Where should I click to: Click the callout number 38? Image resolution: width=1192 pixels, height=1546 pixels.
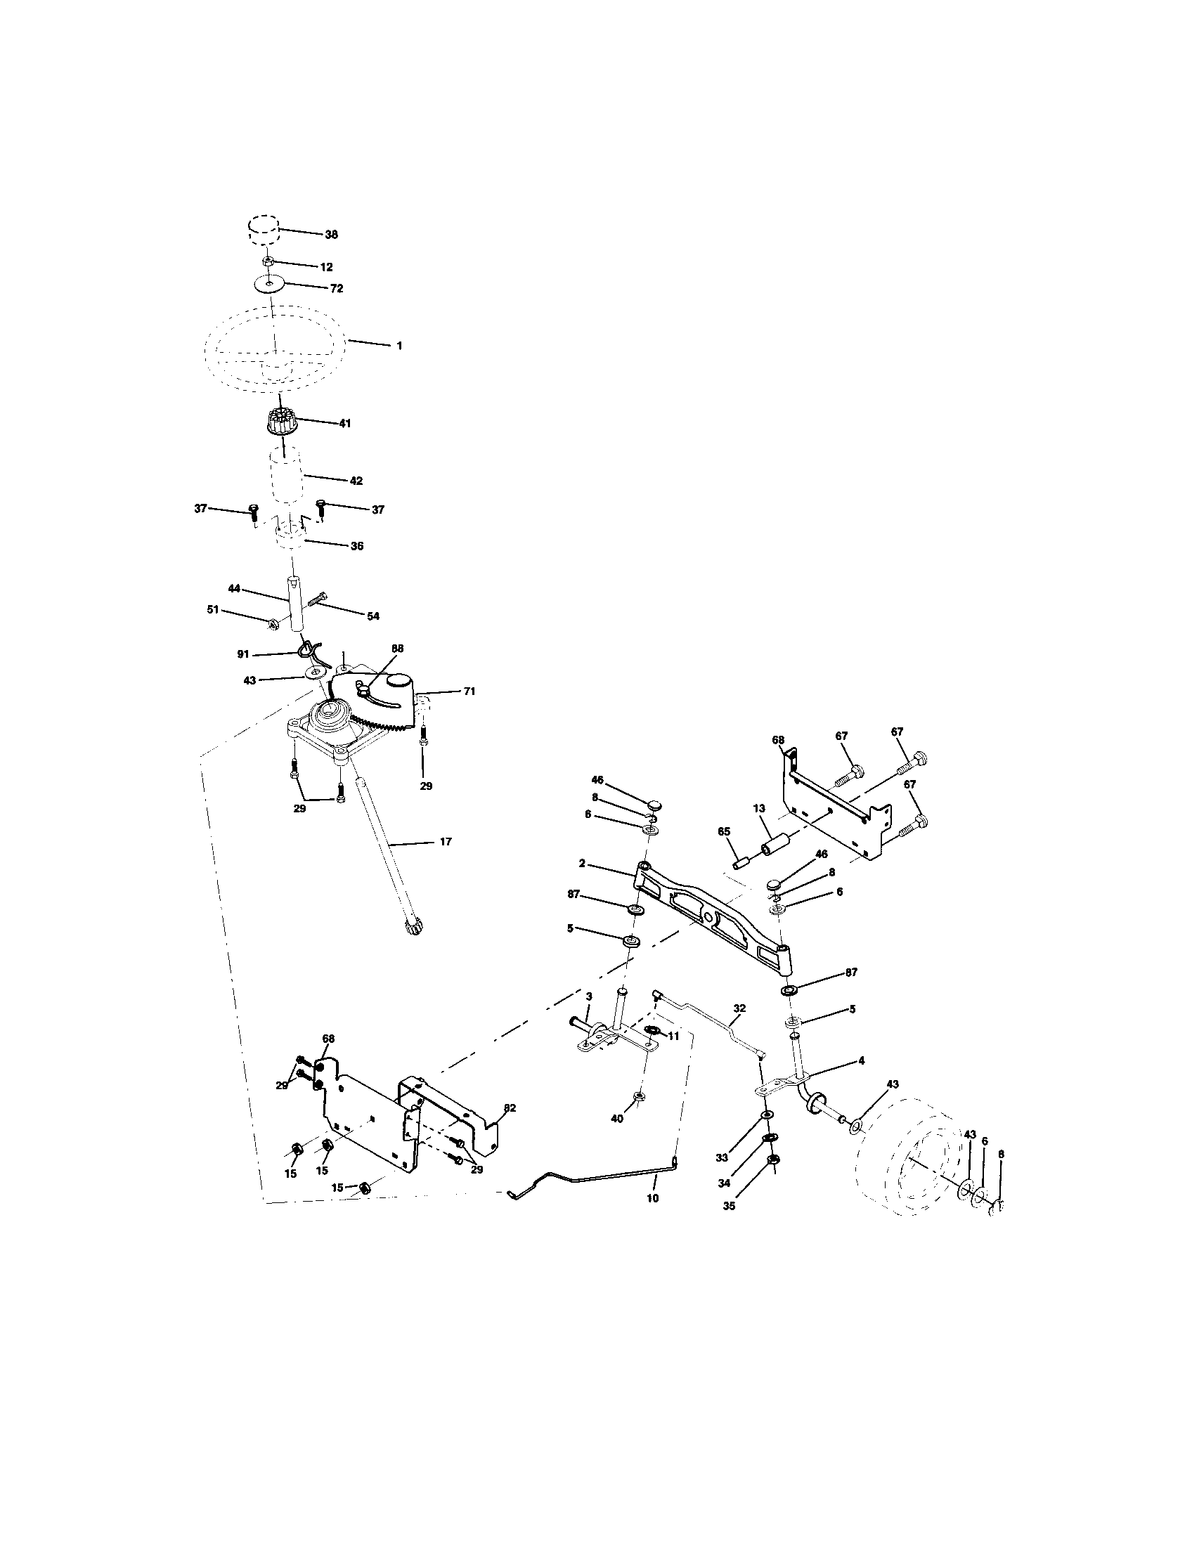point(331,234)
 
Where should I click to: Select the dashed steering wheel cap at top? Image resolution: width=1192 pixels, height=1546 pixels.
point(263,230)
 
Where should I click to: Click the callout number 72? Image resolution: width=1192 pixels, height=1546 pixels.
point(337,289)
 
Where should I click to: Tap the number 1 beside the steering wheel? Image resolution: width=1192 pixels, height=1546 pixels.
point(399,346)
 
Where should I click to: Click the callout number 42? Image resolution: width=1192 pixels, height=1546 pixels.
point(356,481)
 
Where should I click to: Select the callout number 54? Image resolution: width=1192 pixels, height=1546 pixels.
point(373,616)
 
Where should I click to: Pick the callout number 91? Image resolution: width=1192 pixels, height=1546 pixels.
point(243,654)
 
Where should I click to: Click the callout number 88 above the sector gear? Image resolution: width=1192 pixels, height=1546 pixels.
point(397,647)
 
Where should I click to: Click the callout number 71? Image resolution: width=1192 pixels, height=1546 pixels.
point(469,691)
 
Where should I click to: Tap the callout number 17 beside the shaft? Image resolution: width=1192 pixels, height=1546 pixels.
point(445,842)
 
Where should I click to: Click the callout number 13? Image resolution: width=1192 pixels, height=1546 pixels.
point(759,807)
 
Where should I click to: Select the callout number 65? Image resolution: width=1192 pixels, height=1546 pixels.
point(723,833)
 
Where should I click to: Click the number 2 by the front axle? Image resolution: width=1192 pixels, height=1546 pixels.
point(581,863)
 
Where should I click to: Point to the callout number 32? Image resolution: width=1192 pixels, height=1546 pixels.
point(739,1006)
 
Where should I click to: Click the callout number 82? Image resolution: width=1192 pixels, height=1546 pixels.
point(510,1108)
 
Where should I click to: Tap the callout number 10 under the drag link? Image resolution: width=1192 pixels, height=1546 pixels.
point(653,1198)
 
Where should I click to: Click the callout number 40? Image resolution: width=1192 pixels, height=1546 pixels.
point(617,1119)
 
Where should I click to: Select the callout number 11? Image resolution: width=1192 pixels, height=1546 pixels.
point(673,1035)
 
